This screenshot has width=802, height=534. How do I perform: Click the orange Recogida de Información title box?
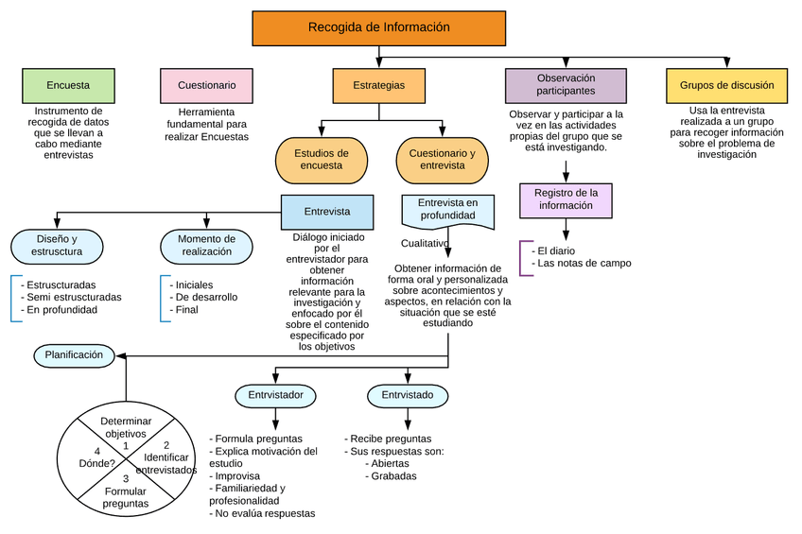[378, 28]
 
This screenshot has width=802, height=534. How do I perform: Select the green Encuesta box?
[68, 86]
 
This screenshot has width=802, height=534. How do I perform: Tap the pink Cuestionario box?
[206, 86]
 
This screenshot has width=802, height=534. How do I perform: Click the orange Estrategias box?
[378, 86]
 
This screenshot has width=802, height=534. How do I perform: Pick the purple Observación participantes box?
[566, 85]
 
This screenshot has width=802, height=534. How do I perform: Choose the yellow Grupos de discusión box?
[726, 86]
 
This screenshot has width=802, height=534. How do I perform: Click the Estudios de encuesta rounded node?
[322, 160]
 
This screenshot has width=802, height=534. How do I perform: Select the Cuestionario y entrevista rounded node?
[443, 160]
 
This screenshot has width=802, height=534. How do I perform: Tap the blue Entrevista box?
[327, 213]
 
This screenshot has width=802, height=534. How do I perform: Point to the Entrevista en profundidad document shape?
[448, 211]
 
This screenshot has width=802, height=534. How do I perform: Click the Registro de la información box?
[566, 199]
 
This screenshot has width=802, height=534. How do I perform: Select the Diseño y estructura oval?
[57, 246]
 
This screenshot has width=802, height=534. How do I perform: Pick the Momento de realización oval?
[206, 246]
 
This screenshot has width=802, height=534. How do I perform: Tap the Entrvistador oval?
[275, 395]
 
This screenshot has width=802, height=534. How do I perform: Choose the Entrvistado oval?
[408, 395]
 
